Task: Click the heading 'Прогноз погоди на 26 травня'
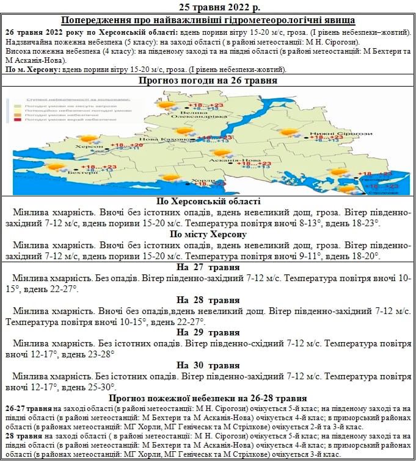click(208, 80)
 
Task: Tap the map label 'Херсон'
click(86, 147)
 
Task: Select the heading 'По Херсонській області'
click(208, 202)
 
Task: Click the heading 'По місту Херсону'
click(208, 235)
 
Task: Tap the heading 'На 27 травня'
click(208, 268)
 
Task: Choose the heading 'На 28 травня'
click(208, 300)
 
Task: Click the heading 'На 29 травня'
click(208, 332)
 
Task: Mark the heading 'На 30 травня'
click(208, 365)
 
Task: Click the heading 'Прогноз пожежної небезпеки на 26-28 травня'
click(208, 398)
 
